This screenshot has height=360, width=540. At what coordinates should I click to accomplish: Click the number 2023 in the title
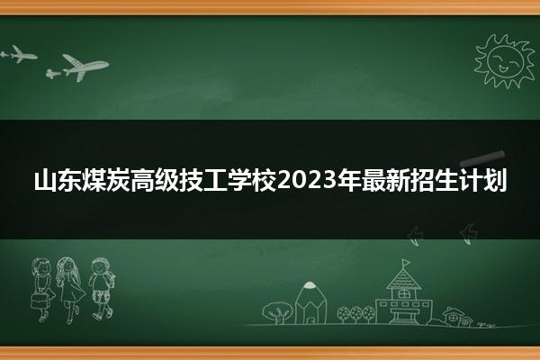pos(307,180)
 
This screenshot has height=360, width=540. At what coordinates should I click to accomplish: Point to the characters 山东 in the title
pos(58,180)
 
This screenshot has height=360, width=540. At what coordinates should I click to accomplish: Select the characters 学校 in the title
pos(252,180)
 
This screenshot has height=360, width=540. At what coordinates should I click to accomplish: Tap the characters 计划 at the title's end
pos(482,180)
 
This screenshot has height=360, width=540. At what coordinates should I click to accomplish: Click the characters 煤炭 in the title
pos(105,180)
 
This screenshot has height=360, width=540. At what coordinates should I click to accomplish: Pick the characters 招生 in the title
pos(434,180)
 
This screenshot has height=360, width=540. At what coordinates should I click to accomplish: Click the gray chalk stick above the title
pos(482,157)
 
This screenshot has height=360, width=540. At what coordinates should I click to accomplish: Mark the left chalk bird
pos(414,235)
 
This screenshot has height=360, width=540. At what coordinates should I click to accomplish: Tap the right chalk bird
pos(468,233)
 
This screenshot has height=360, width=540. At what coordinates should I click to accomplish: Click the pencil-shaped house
pos(310,303)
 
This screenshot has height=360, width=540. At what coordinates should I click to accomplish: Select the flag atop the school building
pos(406,263)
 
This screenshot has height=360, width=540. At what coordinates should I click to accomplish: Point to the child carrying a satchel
pos(42,290)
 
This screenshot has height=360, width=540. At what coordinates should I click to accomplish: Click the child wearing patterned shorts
pos(102,289)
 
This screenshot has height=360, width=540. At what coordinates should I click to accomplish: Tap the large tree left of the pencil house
pos(277,312)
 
